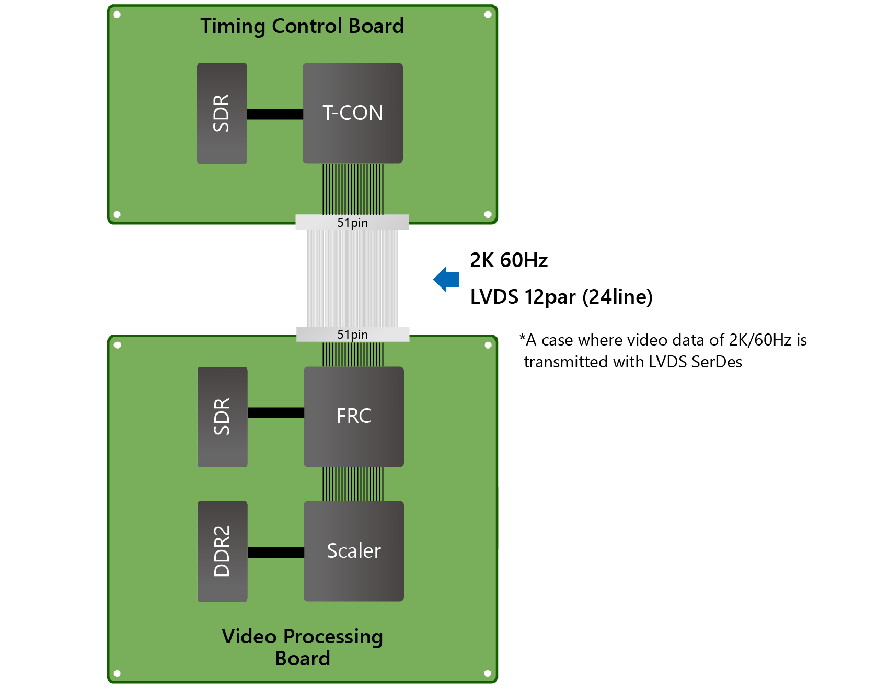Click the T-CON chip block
click(353, 113)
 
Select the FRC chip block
click(354, 417)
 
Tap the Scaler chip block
click(354, 551)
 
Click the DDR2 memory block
click(222, 551)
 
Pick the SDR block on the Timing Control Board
click(222, 113)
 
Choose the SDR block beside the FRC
click(222, 417)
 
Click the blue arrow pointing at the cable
click(447, 279)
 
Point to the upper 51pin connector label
click(352, 223)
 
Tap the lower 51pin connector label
click(352, 335)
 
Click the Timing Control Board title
click(302, 26)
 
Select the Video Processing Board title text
click(302, 647)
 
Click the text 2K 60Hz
click(509, 260)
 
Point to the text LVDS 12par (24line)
click(561, 297)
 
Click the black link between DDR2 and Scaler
click(275, 553)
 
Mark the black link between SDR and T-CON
click(274, 114)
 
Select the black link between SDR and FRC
click(275, 413)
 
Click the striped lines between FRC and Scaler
click(353, 484)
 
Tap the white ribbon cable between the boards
click(353, 279)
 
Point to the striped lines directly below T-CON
click(353, 189)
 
